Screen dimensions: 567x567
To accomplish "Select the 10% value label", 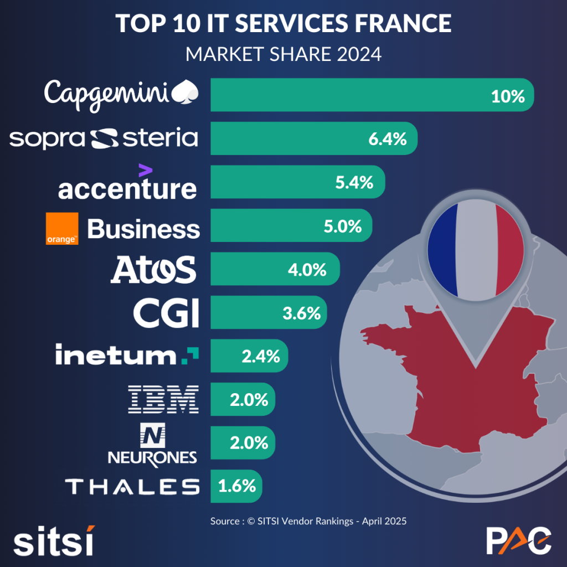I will click(x=507, y=96).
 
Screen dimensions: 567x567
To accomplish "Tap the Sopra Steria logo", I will click(x=104, y=138).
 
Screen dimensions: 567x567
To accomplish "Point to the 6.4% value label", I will click(x=388, y=139).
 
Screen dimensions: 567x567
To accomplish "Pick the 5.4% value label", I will click(x=354, y=182).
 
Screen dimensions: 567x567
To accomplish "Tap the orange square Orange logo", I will click(x=61, y=228).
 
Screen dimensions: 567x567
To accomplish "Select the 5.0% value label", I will click(x=342, y=226).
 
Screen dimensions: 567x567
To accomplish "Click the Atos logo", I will click(x=153, y=270).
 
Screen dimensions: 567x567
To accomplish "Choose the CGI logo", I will click(x=166, y=313).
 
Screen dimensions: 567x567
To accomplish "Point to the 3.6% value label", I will click(x=301, y=313).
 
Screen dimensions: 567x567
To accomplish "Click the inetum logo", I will click(x=127, y=355).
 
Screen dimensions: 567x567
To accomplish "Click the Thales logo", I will click(x=132, y=487).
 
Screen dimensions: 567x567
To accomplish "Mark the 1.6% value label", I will click(x=237, y=486).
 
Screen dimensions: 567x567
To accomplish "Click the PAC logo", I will click(x=518, y=540).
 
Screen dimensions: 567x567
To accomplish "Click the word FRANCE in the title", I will click(x=398, y=23).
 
